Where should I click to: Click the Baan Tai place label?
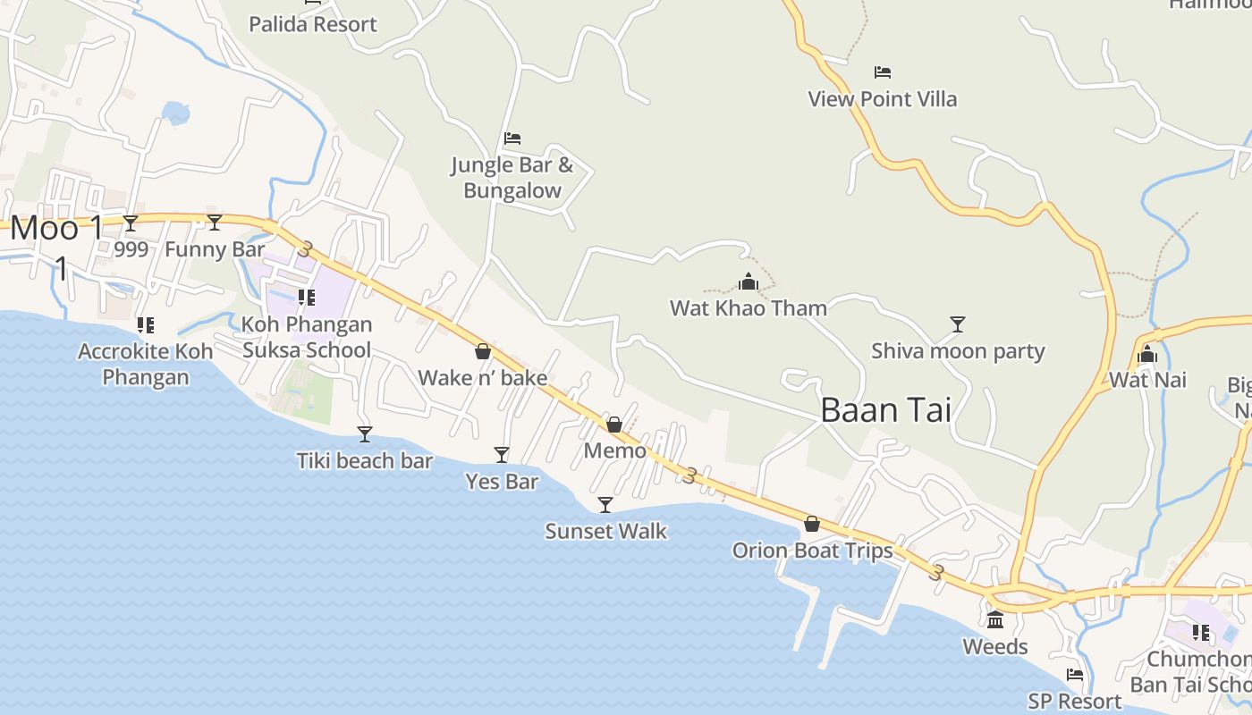(x=885, y=410)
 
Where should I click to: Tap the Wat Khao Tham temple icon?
(x=749, y=282)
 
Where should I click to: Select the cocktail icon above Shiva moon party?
(x=958, y=324)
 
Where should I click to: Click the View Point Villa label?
(x=882, y=99)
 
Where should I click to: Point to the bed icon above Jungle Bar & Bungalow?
(x=512, y=139)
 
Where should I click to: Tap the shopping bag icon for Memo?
(x=614, y=425)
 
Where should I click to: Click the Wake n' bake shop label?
(x=483, y=378)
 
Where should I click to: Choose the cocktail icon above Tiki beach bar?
(x=365, y=434)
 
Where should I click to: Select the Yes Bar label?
(x=502, y=482)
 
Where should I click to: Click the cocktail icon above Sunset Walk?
(x=605, y=505)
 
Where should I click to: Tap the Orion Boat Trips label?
(x=812, y=551)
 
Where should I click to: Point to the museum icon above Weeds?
(x=995, y=619)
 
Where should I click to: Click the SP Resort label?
(x=1074, y=702)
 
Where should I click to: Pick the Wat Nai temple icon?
(x=1147, y=355)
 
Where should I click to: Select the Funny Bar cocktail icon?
(x=215, y=223)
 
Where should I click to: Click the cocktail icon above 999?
(x=131, y=223)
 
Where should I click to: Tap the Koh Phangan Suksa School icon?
(x=306, y=298)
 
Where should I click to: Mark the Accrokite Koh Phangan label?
(x=146, y=364)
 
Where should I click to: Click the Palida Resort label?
(x=313, y=24)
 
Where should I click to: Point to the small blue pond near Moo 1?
(x=176, y=113)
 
